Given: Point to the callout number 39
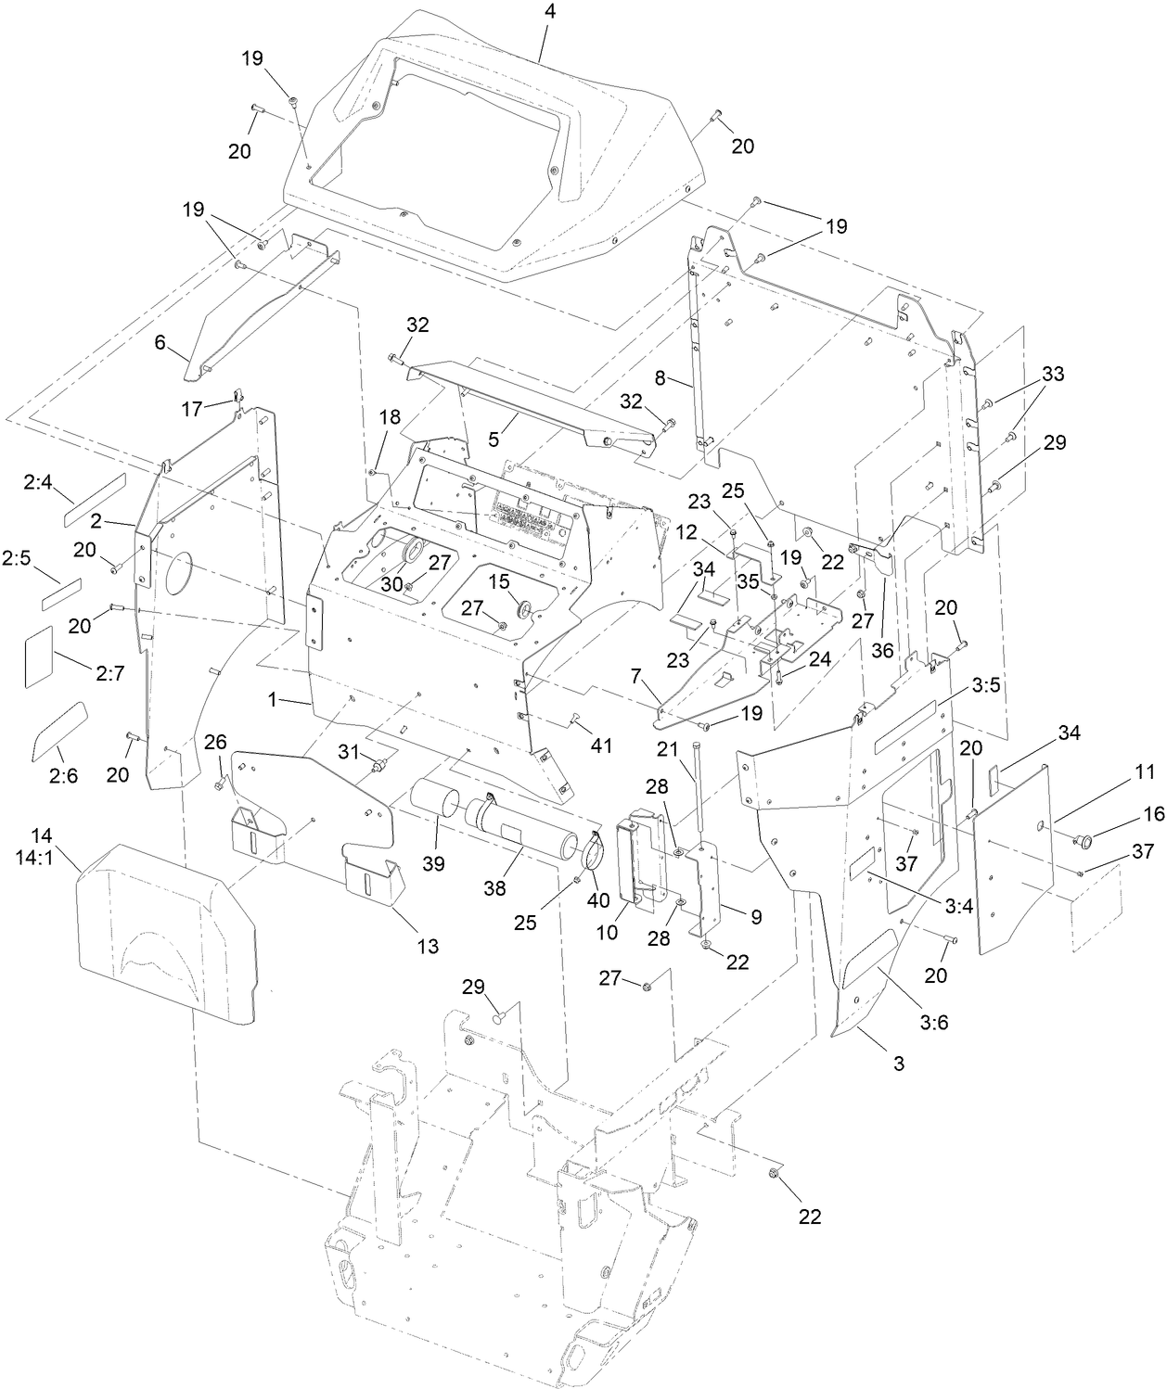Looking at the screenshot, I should coord(432,863).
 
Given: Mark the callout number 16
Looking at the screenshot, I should coord(1128,813).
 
